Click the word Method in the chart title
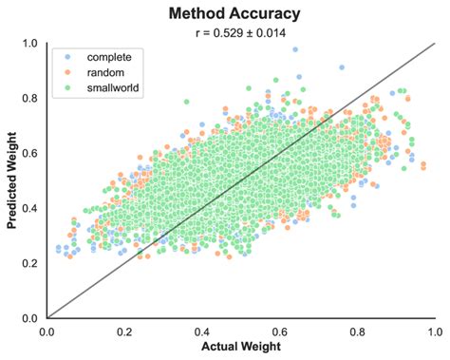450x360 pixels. click(x=197, y=14)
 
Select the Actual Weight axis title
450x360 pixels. click(x=240, y=349)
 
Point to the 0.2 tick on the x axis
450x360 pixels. click(x=124, y=332)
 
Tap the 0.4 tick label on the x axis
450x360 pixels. click(x=201, y=332)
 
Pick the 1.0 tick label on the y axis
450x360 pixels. click(x=30, y=44)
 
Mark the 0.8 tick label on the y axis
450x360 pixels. click(x=30, y=99)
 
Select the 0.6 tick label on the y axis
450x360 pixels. click(x=30, y=154)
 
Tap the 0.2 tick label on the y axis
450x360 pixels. click(x=30, y=263)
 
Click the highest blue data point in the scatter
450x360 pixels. click(x=295, y=48)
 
